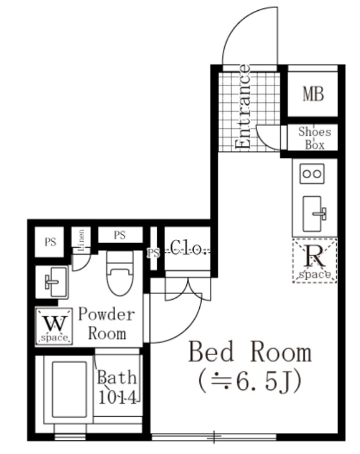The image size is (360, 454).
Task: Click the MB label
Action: pos(313,94)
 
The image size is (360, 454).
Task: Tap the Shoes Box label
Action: pos(315,138)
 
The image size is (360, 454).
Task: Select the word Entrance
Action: pos(242,107)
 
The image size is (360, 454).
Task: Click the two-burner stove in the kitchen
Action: pos(312,174)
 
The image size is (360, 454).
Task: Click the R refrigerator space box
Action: pos(315,260)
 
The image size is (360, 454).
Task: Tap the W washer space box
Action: pos(54,326)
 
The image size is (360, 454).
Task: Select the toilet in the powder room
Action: pos(120,273)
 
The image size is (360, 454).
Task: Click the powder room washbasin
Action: pos(56,282)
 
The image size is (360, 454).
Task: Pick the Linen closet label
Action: pos(81,240)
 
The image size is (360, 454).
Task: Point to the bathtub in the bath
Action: pos(69,389)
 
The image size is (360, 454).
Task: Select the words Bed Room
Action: pos(250,352)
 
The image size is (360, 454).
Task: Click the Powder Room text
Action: pos(107,324)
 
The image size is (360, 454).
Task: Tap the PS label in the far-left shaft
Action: pos(51,242)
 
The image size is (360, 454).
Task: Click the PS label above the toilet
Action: pos(120,235)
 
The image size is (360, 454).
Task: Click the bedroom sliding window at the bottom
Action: pos(214,436)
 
